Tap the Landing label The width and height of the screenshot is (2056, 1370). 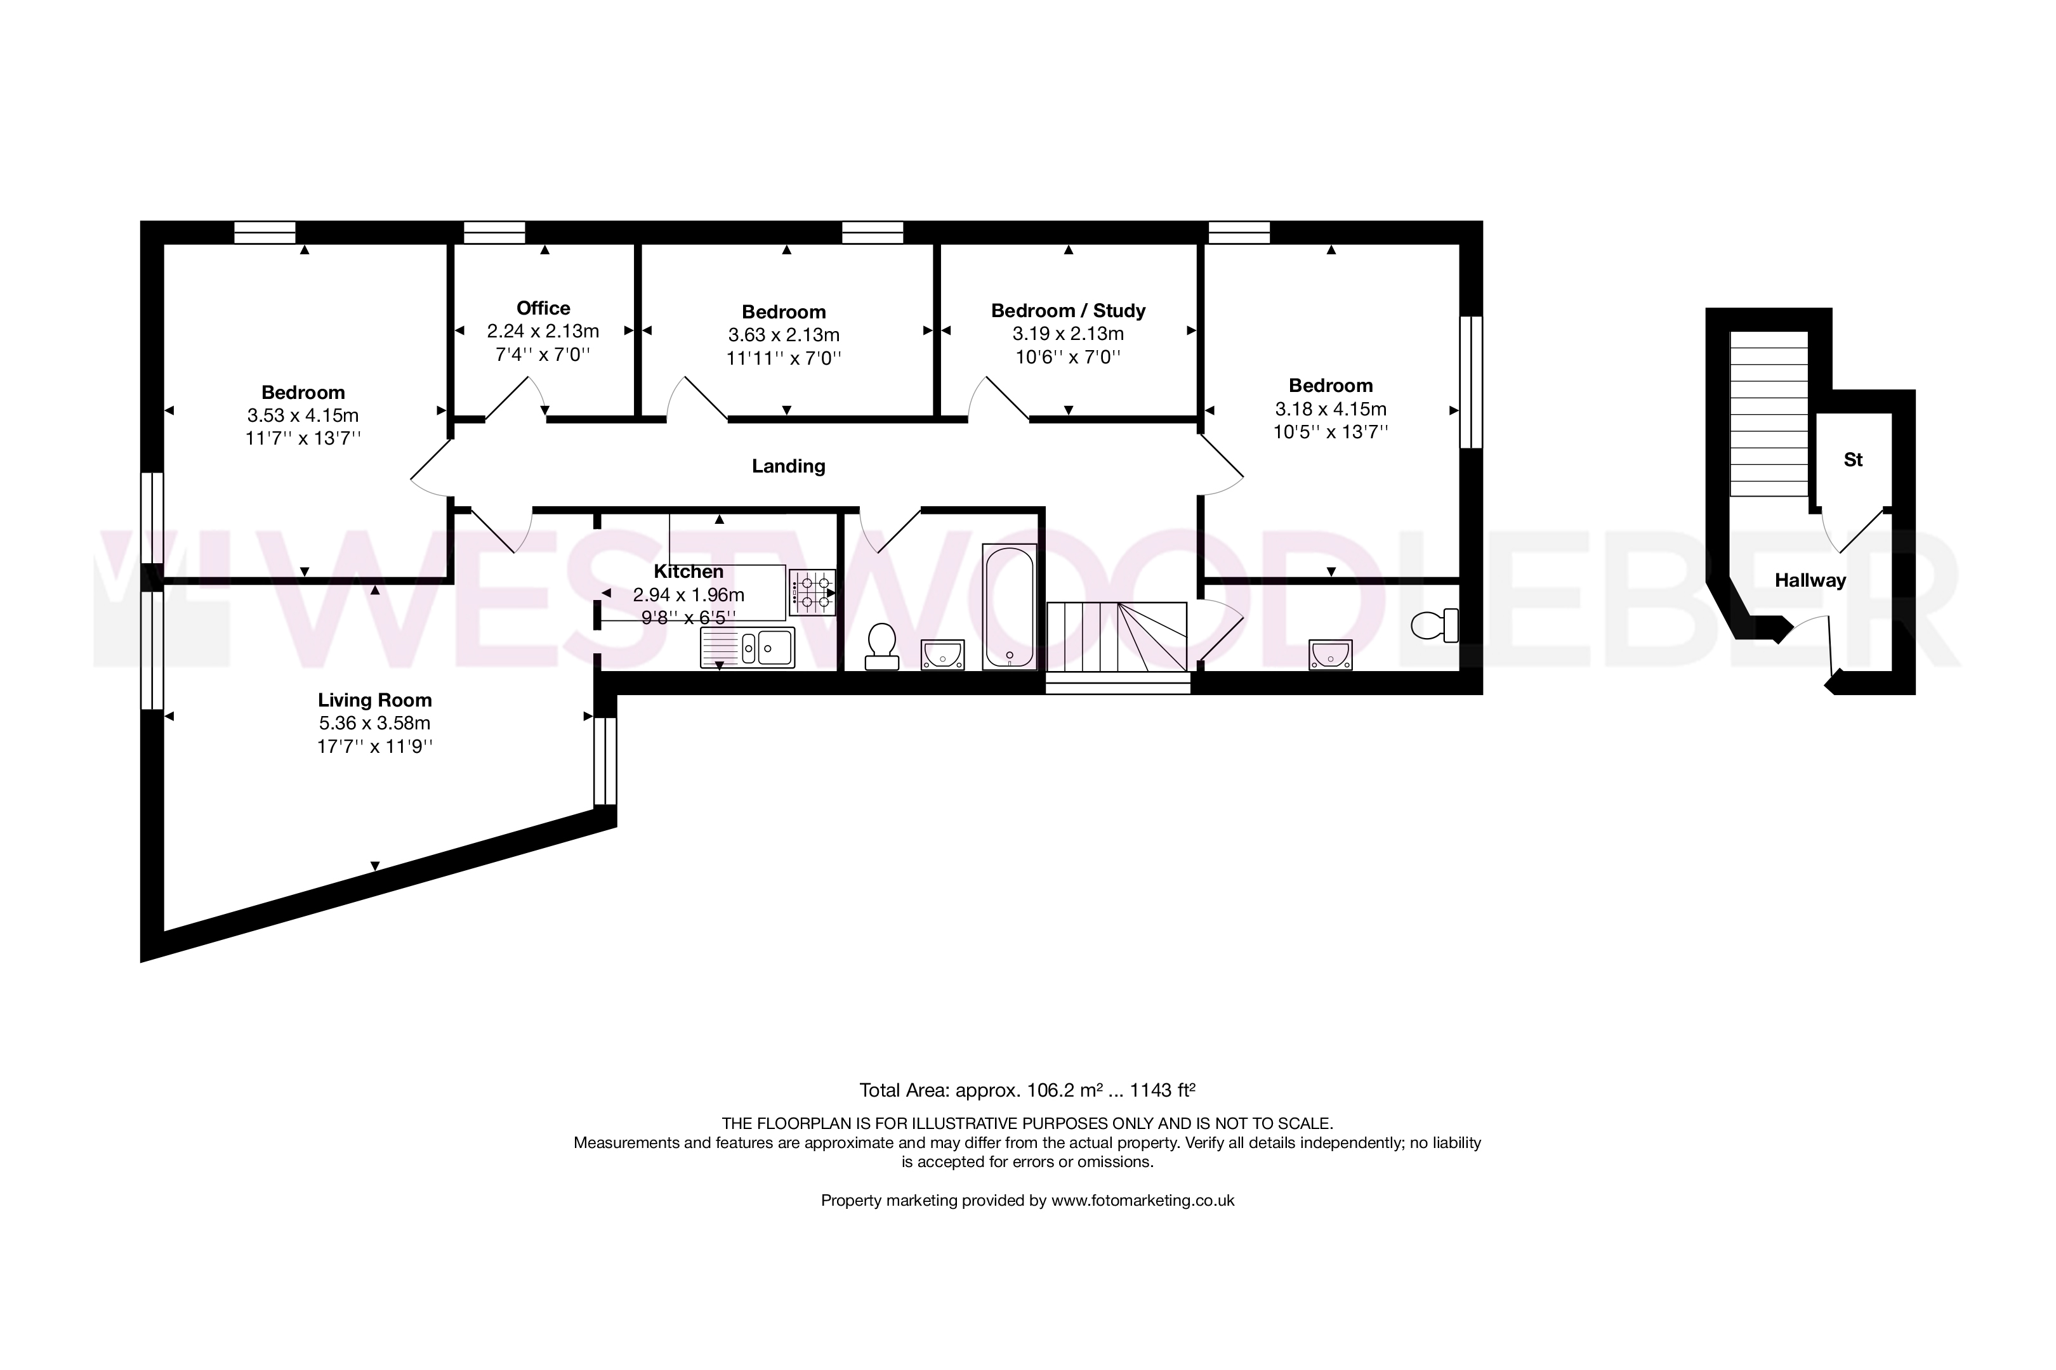pyautogui.click(x=789, y=467)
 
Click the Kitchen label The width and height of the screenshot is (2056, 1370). pyautogui.click(x=689, y=571)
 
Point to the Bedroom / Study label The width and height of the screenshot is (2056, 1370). pyautogui.click(x=1068, y=311)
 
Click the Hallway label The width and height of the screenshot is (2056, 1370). pyautogui.click(x=1810, y=580)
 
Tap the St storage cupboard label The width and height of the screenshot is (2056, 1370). pyautogui.click(x=1853, y=460)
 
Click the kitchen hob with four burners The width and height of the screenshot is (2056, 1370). pyautogui.click(x=812, y=592)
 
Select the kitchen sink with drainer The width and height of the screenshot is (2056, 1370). pyautogui.click(x=748, y=648)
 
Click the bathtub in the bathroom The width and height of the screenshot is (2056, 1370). pyautogui.click(x=1010, y=607)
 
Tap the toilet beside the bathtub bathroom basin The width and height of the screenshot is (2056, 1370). pyautogui.click(x=881, y=646)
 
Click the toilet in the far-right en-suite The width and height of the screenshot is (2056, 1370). pyautogui.click(x=1435, y=625)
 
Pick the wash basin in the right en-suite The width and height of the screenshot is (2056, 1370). pyautogui.click(x=1331, y=655)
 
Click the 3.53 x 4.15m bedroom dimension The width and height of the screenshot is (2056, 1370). pyautogui.click(x=303, y=416)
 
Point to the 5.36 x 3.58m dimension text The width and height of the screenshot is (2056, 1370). pyautogui.click(x=375, y=724)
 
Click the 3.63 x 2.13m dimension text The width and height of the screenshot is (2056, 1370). pyautogui.click(x=784, y=336)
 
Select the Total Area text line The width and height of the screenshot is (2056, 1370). pyautogui.click(x=1027, y=1090)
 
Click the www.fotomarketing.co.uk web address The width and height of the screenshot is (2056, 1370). pyautogui.click(x=1142, y=1201)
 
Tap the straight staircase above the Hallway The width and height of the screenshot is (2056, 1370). pyautogui.click(x=1769, y=414)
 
